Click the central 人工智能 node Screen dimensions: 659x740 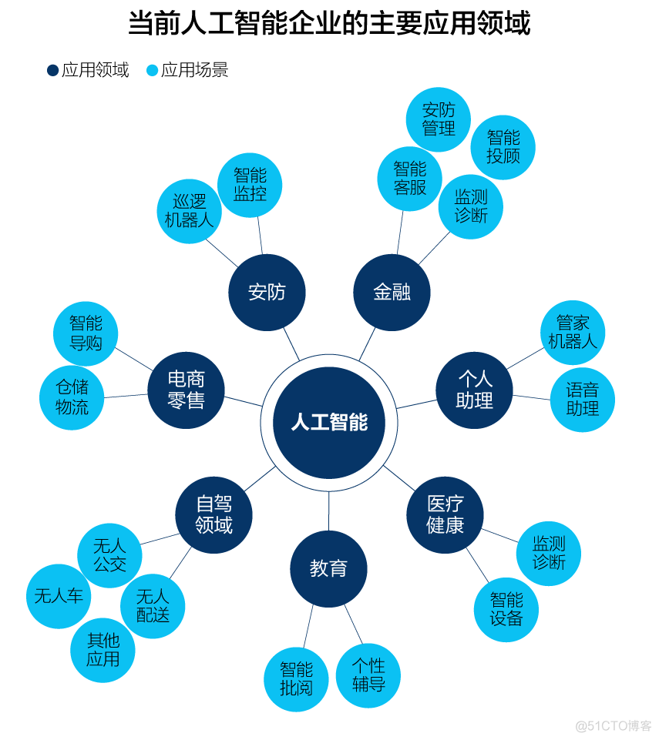pos(329,423)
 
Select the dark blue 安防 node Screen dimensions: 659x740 pos(267,293)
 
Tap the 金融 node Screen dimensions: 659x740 pos(392,293)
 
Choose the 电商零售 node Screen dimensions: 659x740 pos(186,390)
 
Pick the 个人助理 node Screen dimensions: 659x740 pos(474,390)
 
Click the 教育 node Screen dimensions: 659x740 pos(329,569)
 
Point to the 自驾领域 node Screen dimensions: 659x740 pos(214,515)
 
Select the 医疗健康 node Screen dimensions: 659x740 pos(445,515)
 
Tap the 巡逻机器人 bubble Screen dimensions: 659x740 pos(190,212)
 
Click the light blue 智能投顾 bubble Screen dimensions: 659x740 pos(503,147)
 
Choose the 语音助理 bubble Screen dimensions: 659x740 pos(583,400)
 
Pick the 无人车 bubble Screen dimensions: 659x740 pos(59,597)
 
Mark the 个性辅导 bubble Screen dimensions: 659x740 pos(368,676)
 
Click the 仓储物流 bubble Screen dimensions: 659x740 pos(72,398)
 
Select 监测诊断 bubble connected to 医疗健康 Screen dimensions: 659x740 pos(549,554)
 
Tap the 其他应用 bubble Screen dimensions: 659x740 pos(103,651)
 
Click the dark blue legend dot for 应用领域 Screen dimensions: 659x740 pos(52,70)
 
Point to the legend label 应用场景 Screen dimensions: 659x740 pos(195,70)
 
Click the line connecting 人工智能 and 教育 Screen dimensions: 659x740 pos(329,511)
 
